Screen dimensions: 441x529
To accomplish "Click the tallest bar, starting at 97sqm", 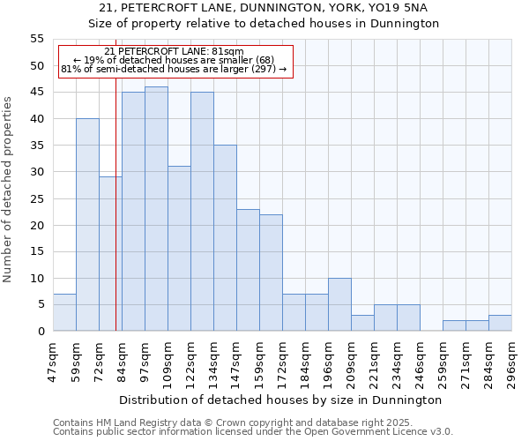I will [156, 209].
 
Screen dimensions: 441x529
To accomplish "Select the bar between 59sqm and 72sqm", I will [87, 225].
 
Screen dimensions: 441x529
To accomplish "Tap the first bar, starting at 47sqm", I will [64, 312].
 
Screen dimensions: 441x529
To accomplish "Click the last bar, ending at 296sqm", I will [500, 323].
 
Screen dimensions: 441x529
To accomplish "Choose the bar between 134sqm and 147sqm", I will [225, 238].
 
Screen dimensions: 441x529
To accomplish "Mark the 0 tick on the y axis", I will [41, 331].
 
